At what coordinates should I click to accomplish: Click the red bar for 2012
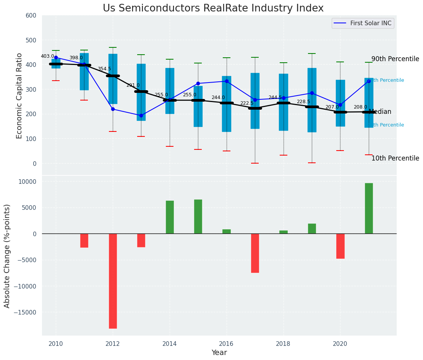[x=113, y=281]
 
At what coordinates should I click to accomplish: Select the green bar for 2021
[x=369, y=208]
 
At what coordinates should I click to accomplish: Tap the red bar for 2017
[x=255, y=253]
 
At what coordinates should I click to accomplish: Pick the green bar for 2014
[x=170, y=217]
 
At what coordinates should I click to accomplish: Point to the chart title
[x=213, y=8]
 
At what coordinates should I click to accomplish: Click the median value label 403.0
[x=48, y=56]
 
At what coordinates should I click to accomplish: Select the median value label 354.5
[x=104, y=69]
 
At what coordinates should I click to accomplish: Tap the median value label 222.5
[x=247, y=103]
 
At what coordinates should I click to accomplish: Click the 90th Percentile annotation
[x=395, y=59]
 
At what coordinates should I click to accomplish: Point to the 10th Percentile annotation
[x=395, y=158]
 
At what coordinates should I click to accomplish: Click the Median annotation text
[x=380, y=112]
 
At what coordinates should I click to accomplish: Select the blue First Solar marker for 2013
[x=141, y=115]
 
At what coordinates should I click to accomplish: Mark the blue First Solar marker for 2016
[x=227, y=81]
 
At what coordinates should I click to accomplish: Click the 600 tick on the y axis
[x=31, y=15]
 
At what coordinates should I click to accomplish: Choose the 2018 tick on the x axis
[x=284, y=344]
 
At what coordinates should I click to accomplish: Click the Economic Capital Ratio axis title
[x=19, y=95]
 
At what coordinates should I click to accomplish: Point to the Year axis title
[x=219, y=353]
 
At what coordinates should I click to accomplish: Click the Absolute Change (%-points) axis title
[x=7, y=256]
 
